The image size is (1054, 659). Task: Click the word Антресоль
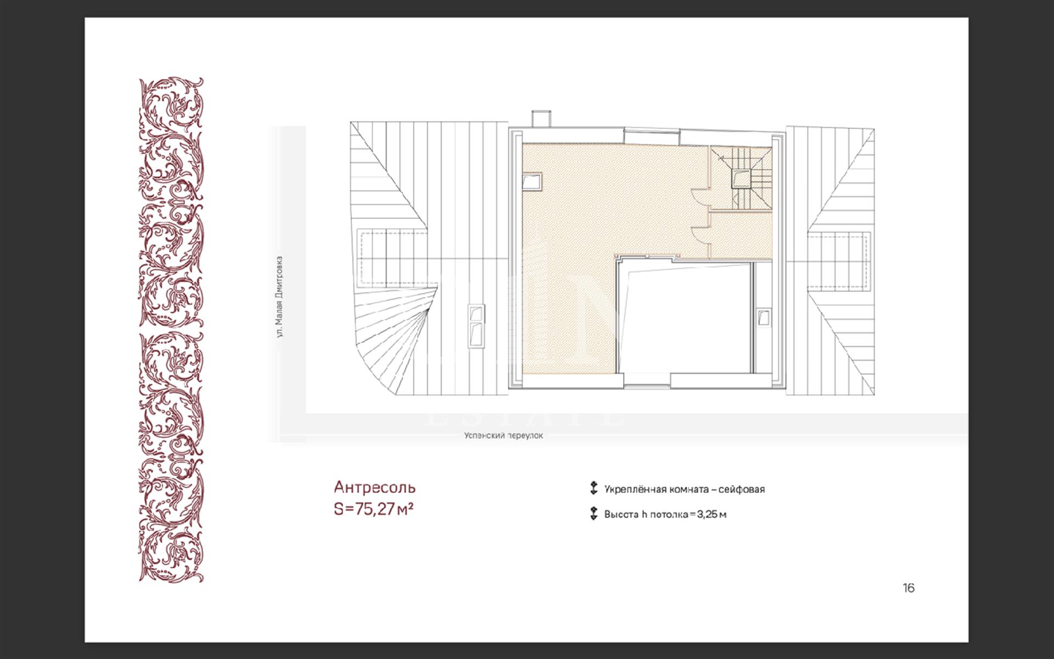[375, 487]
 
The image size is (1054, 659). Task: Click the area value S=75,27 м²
[373, 509]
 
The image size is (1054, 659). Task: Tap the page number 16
[909, 588]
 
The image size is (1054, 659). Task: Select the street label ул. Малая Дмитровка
[280, 296]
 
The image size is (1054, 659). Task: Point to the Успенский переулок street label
[503, 436]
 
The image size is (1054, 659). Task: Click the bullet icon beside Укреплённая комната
[593, 488]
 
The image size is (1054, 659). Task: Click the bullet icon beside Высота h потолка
[593, 514]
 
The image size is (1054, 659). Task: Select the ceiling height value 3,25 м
[711, 515]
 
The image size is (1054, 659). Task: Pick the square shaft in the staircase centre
[741, 179]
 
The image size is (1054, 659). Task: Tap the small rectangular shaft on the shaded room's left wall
[532, 182]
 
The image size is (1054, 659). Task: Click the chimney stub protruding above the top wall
[541, 119]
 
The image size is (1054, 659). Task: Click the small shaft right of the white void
[763, 317]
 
